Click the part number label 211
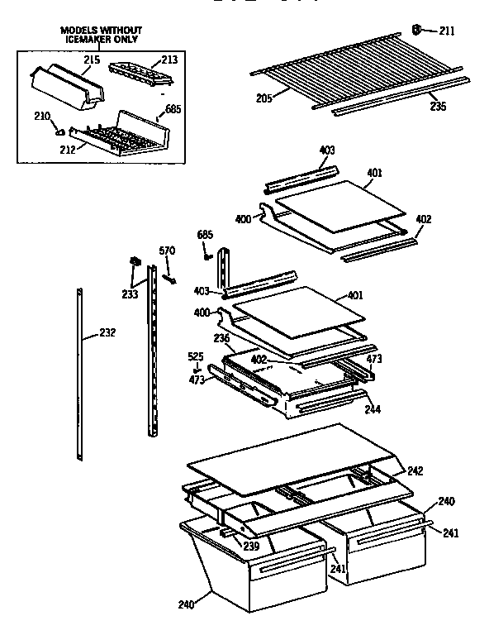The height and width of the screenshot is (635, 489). pos(447,32)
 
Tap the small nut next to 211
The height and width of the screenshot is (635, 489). pos(418,31)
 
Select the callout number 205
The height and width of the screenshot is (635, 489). pos(263,98)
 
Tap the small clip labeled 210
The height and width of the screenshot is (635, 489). pos(59,129)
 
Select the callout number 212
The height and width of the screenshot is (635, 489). pos(67,149)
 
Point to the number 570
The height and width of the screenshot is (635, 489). pos(167,251)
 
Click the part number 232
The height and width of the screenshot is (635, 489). pos(107,333)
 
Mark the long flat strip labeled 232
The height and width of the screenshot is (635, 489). pos(79,372)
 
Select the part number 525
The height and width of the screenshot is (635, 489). pos(195,356)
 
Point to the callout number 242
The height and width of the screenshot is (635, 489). pos(415,470)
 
